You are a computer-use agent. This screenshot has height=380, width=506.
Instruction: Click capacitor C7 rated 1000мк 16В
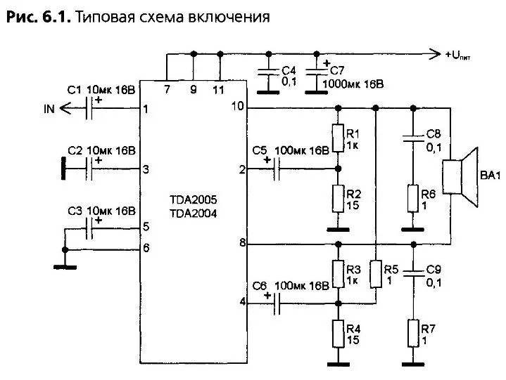[317, 71]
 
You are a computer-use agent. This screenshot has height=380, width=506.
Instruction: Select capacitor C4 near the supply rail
[267, 71]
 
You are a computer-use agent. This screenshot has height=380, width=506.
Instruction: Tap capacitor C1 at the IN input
[90, 109]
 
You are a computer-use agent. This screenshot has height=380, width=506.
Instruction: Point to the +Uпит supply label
[458, 54]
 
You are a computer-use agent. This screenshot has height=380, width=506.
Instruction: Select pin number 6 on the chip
[146, 247]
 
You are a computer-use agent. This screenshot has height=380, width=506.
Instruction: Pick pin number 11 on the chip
[220, 89]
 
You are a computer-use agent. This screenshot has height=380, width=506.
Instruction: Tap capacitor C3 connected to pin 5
[90, 228]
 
